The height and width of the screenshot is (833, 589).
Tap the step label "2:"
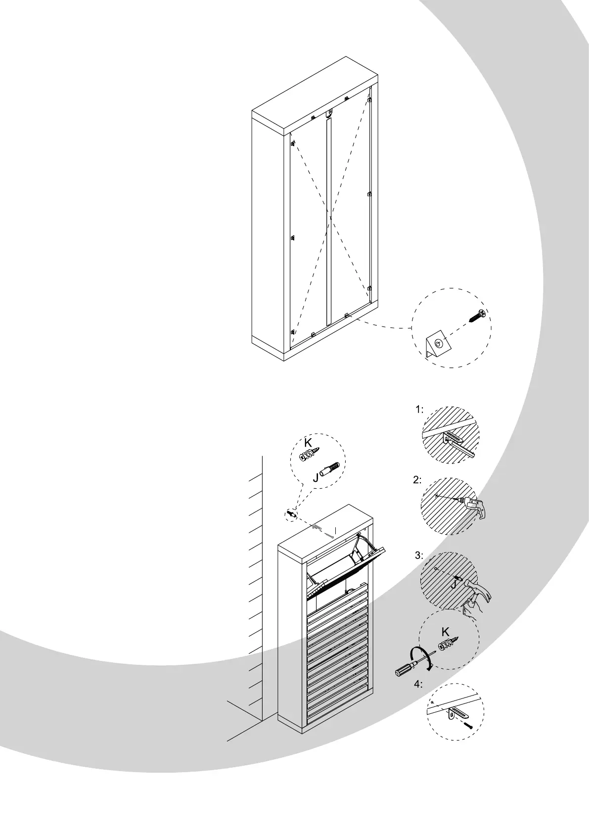pyautogui.click(x=417, y=479)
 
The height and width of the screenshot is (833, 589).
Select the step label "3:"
pyautogui.click(x=419, y=555)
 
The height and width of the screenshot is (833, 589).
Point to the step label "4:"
pyautogui.click(x=418, y=684)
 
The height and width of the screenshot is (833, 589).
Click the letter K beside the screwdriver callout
pyautogui.click(x=445, y=632)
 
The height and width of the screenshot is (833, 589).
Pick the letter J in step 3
pyautogui.click(x=453, y=585)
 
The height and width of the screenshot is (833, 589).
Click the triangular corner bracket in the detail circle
pyautogui.click(x=437, y=344)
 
